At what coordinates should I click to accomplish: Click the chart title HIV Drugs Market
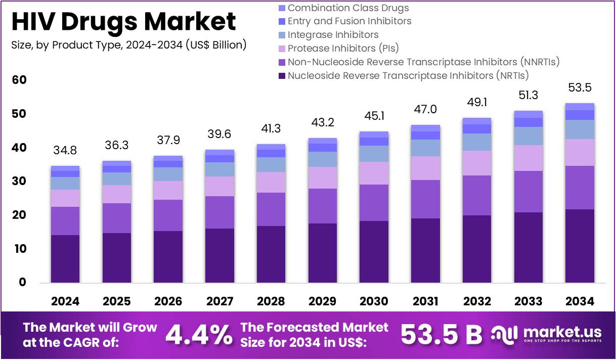(123, 22)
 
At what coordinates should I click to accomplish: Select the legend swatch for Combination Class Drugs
(282, 8)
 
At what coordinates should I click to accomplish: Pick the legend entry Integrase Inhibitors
(333, 35)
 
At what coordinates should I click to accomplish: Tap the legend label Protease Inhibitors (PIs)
(343, 49)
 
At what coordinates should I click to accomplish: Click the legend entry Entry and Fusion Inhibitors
(349, 21)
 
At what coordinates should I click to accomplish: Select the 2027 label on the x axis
(219, 302)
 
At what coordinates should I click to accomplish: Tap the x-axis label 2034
(580, 302)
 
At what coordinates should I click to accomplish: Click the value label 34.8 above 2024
(65, 151)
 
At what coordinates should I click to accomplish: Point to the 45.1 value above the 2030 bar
(374, 117)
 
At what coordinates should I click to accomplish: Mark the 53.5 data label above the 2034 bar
(580, 88)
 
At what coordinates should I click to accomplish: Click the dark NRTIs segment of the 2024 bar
(65, 258)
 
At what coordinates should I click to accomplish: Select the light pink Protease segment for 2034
(580, 152)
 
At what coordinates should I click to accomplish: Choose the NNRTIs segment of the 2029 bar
(322, 206)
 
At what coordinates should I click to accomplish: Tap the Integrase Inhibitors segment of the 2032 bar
(476, 142)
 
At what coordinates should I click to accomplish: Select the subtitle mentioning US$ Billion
(129, 45)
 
